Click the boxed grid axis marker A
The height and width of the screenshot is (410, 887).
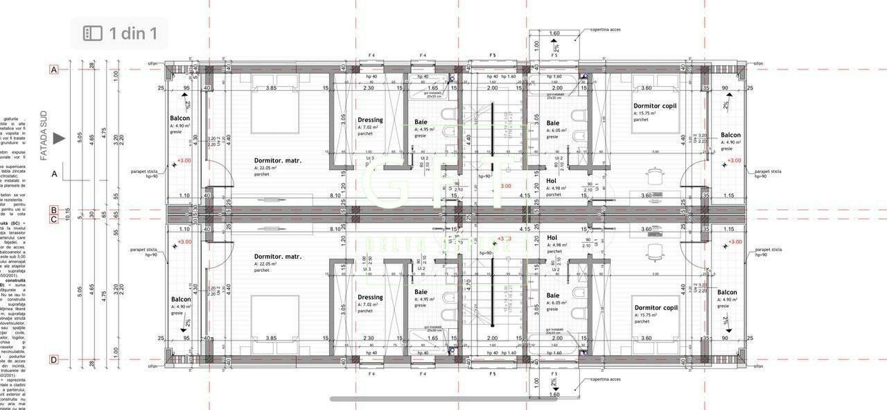[x=53, y=69]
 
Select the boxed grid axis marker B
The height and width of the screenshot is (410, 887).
[x=53, y=210]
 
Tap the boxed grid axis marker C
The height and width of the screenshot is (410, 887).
[x=53, y=220]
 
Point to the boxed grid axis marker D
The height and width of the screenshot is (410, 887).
[x=53, y=359]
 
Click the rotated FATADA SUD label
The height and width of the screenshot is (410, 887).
[x=44, y=139]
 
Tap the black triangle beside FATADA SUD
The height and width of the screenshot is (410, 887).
[x=60, y=139]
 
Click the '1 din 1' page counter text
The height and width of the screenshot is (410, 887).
[x=133, y=33]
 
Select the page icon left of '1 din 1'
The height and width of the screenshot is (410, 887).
[x=92, y=33]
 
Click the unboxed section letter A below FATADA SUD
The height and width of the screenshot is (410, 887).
[x=55, y=174]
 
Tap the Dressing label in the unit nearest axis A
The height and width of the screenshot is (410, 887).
[x=370, y=120]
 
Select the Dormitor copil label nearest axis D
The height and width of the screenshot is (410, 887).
[x=656, y=307]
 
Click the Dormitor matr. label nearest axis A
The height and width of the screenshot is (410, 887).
[x=277, y=160]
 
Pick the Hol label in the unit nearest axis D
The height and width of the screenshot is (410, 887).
[x=552, y=237]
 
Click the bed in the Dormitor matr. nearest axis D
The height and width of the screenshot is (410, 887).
[x=274, y=316]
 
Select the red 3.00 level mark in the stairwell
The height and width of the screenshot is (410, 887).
[x=506, y=186]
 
